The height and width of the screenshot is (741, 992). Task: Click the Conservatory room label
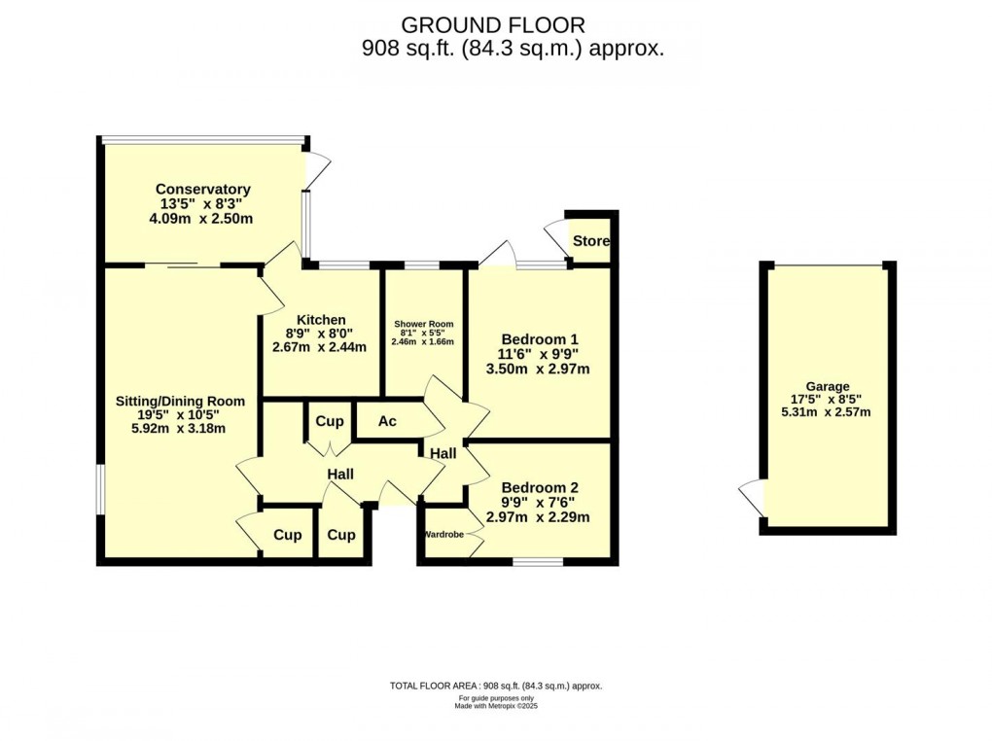(x=202, y=190)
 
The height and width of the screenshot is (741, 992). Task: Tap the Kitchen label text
(x=321, y=320)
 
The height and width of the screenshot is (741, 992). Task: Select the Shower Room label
(x=423, y=324)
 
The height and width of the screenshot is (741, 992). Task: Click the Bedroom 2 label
(x=540, y=488)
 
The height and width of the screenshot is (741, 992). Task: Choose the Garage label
(x=827, y=386)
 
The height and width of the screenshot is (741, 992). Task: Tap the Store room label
(x=590, y=241)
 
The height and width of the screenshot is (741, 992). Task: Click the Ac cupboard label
(x=387, y=422)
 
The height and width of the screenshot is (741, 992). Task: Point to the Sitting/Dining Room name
(x=180, y=401)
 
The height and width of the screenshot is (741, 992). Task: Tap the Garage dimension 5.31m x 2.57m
(x=827, y=412)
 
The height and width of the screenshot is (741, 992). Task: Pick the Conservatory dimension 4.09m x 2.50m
(x=201, y=219)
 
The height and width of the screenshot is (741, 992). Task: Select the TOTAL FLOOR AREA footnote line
(x=496, y=686)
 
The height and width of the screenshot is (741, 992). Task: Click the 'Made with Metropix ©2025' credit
(x=496, y=706)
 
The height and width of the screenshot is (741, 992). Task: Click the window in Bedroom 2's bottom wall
(x=538, y=561)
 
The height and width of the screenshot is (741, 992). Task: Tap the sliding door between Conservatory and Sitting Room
(x=183, y=265)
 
